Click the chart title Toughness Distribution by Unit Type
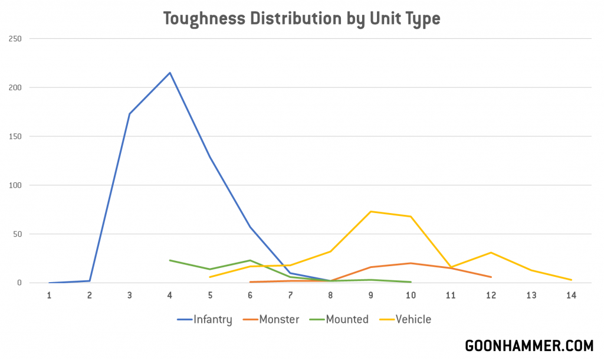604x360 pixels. tap(301, 18)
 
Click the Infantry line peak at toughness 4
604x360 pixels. tap(170, 73)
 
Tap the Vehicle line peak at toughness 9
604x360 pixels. tap(370, 211)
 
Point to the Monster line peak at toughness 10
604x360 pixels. tap(411, 263)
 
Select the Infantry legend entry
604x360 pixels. tap(205, 319)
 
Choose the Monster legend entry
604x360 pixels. tap(271, 319)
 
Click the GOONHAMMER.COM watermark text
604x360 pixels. tap(528, 345)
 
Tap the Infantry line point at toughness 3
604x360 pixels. tap(130, 114)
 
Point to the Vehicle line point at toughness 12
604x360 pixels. tap(491, 253)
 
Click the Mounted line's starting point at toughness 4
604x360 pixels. tap(170, 260)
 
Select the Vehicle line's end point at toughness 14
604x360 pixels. tap(571, 280)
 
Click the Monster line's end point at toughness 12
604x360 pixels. tap(491, 277)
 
